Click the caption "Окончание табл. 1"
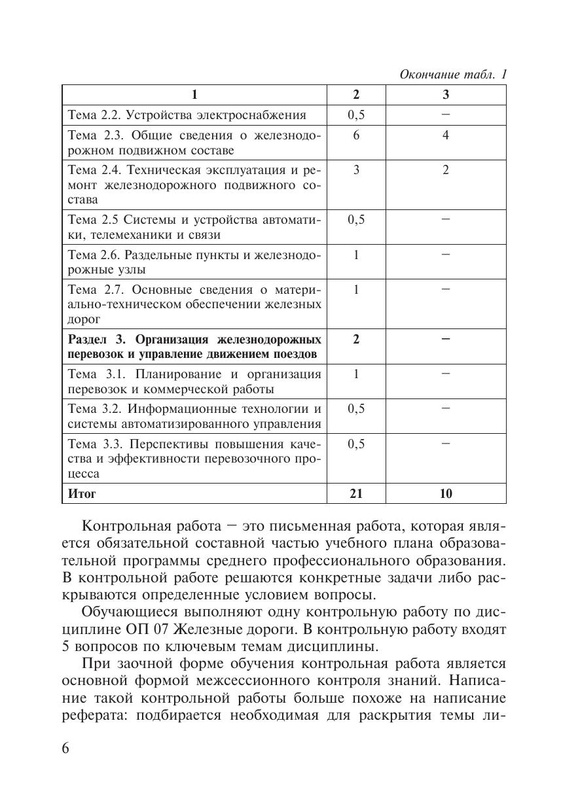(x=454, y=75)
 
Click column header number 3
(x=446, y=95)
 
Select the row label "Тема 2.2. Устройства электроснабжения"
(x=187, y=115)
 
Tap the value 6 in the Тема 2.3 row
(x=356, y=135)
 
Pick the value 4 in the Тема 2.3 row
(x=446, y=135)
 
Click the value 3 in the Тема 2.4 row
(x=356, y=170)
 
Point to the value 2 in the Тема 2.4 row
(x=446, y=170)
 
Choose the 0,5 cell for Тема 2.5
(x=356, y=220)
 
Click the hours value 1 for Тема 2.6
(x=356, y=255)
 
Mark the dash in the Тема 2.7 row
(x=446, y=289)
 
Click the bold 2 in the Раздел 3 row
(x=356, y=339)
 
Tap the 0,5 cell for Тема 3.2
(x=356, y=408)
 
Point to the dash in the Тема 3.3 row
(x=446, y=443)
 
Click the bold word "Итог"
(x=82, y=493)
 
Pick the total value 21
(x=356, y=493)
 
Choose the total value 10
(x=446, y=493)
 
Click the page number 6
(x=65, y=749)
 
